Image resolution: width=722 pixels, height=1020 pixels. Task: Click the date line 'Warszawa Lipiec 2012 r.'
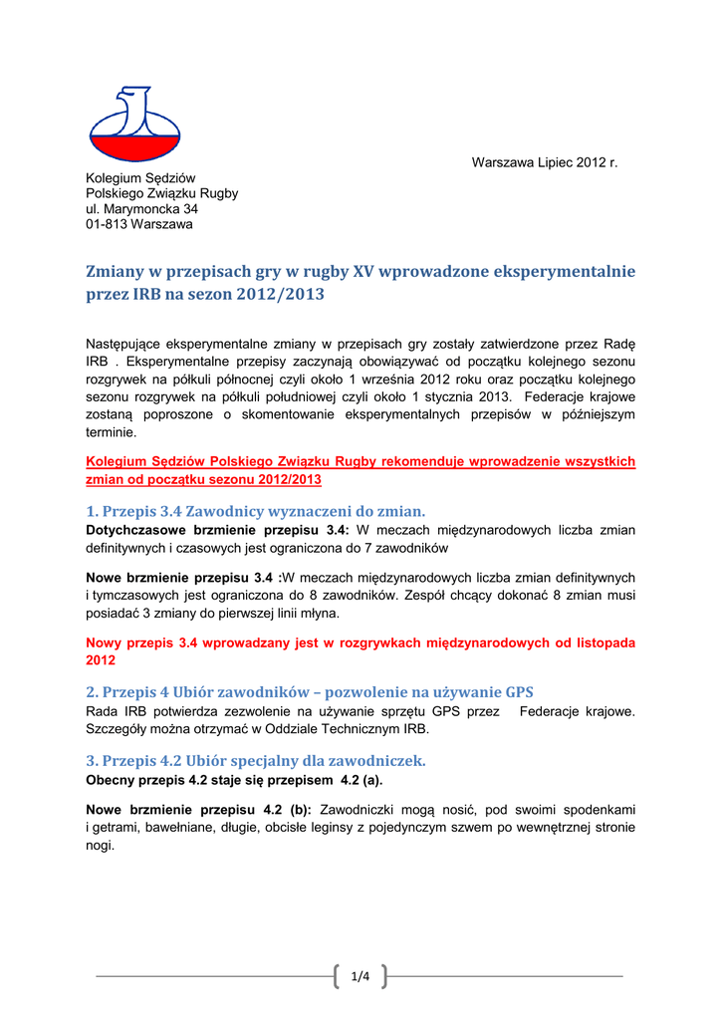click(545, 161)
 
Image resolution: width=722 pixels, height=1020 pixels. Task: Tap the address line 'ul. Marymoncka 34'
click(141, 209)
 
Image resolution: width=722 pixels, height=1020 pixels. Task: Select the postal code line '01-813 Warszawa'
click(139, 224)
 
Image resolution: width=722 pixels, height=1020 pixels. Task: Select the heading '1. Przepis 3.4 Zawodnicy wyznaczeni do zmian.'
click(255, 511)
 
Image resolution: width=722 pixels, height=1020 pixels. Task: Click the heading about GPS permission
click(310, 692)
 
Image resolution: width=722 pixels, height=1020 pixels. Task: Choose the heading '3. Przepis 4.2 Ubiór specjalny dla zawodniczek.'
click(256, 760)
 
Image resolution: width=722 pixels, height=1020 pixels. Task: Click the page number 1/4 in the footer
click(360, 976)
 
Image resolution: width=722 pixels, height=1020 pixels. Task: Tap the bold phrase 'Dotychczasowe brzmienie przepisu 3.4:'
click(217, 530)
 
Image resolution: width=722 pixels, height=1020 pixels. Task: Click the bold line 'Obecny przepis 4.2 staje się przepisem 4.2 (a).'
click(234, 779)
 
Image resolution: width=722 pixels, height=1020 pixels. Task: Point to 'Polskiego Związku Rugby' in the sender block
click(162, 193)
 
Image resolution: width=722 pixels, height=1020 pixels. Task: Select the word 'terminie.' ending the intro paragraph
click(113, 433)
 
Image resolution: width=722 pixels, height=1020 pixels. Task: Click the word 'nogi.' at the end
click(101, 846)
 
